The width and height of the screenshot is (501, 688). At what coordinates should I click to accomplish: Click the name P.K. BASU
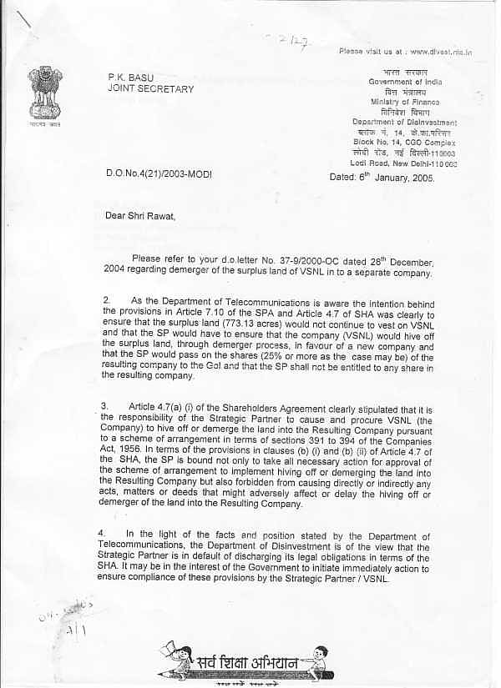pos(131,77)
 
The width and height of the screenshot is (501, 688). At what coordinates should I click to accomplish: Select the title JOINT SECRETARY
pos(150,88)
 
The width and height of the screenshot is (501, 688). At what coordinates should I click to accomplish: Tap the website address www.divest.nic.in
pos(441,52)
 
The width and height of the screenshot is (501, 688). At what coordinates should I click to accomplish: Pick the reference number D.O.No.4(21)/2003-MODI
pos(159,173)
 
